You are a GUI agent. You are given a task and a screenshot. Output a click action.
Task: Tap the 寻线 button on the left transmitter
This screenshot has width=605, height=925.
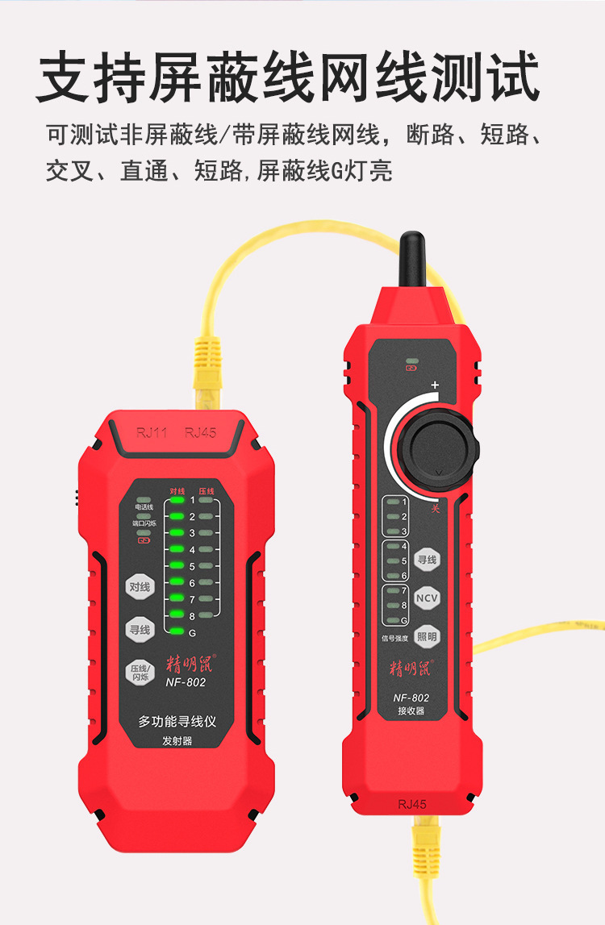(x=140, y=629)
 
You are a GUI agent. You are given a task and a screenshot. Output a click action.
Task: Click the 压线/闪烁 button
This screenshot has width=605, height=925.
(x=140, y=672)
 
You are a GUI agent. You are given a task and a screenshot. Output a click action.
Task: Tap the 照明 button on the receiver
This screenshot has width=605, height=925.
(x=428, y=636)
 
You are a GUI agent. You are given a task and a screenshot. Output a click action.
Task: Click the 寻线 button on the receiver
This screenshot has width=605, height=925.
(x=427, y=559)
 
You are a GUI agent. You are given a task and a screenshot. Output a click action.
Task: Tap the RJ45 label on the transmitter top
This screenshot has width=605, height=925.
(x=200, y=433)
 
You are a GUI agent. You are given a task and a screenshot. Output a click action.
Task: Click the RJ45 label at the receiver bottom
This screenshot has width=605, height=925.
(x=411, y=803)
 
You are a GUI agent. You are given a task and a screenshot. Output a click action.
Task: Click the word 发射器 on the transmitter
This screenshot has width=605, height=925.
(x=177, y=741)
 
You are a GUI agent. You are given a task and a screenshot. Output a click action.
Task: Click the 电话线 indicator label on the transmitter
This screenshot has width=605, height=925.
(x=144, y=507)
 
